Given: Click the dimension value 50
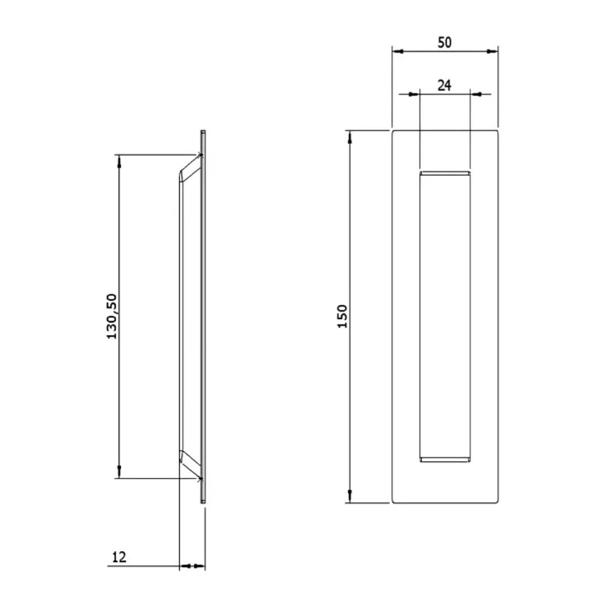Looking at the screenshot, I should [x=445, y=42].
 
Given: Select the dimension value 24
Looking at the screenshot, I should [x=445, y=85].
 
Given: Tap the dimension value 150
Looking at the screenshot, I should [x=342, y=316].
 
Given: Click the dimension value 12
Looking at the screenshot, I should [x=119, y=557].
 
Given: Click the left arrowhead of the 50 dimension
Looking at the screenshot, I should [x=397, y=51].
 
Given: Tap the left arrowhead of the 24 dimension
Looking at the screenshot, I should [x=414, y=94].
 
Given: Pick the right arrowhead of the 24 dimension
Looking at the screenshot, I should [x=476, y=94].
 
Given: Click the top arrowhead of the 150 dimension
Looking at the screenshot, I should [x=350, y=136].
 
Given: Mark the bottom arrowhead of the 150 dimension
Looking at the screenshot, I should [x=350, y=497].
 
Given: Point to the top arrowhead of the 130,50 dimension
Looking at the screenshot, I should [x=120, y=161].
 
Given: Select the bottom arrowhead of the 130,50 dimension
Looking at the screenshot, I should [x=120, y=472].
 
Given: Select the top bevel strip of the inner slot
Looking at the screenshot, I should [x=445, y=174].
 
